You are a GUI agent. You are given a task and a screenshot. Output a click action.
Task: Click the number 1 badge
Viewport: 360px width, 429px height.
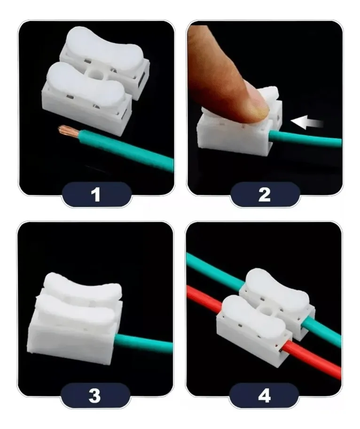click(96, 194)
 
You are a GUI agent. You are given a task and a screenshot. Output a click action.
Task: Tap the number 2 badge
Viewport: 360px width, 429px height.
click(265, 194)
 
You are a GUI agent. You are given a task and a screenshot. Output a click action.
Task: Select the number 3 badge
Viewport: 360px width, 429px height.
click(95, 395)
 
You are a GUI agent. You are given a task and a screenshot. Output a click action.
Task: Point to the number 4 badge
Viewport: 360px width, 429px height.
click(265, 395)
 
